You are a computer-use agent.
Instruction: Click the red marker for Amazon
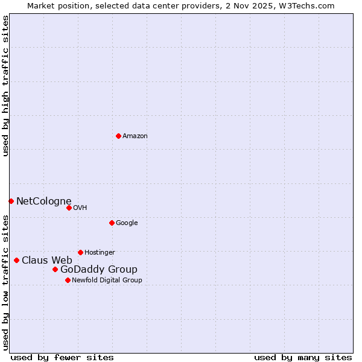(x=118, y=136)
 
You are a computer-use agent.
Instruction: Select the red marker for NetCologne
(x=11, y=201)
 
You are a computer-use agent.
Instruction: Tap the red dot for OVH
(x=69, y=208)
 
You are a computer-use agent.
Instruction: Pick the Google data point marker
(x=112, y=223)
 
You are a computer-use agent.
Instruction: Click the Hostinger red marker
(x=80, y=252)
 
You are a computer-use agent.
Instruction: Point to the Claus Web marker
(x=16, y=260)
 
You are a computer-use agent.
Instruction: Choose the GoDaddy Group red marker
(x=55, y=269)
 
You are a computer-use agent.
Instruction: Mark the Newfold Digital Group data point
(x=68, y=280)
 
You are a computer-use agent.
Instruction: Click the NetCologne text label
(x=43, y=202)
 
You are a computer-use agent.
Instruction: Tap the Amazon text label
(x=135, y=136)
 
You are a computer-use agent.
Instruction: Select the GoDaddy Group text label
(x=98, y=270)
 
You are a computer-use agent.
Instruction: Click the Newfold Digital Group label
(x=107, y=281)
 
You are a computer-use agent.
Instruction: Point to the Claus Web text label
(x=46, y=261)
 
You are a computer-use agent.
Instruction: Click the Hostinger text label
(x=100, y=253)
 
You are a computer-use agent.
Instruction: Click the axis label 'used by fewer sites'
(x=62, y=357)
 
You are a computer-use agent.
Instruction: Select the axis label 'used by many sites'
(x=303, y=357)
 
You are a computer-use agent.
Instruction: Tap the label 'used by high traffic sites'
(x=5, y=86)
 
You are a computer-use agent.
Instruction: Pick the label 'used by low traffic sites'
(x=5, y=282)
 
